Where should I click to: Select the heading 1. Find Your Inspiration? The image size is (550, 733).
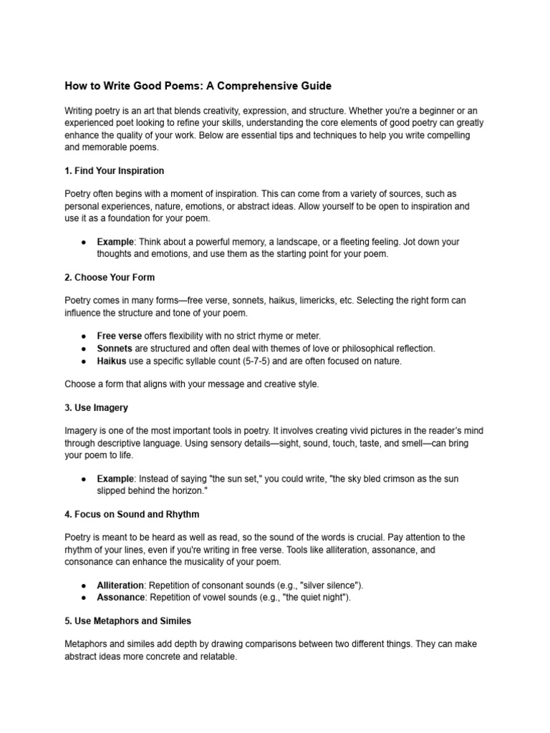click(x=115, y=171)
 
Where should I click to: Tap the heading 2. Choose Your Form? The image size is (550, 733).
click(x=110, y=277)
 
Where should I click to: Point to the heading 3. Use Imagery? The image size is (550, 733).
click(x=97, y=407)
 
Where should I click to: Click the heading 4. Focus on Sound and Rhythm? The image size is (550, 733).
click(x=132, y=514)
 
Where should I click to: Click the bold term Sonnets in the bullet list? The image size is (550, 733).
click(x=115, y=349)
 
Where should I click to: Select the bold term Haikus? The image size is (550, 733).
click(x=112, y=361)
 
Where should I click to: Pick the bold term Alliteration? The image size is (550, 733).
click(x=120, y=585)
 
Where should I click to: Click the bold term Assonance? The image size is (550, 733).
click(x=120, y=597)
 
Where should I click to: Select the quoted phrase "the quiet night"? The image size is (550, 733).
click(x=312, y=597)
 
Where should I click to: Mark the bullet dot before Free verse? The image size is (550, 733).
click(x=84, y=336)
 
